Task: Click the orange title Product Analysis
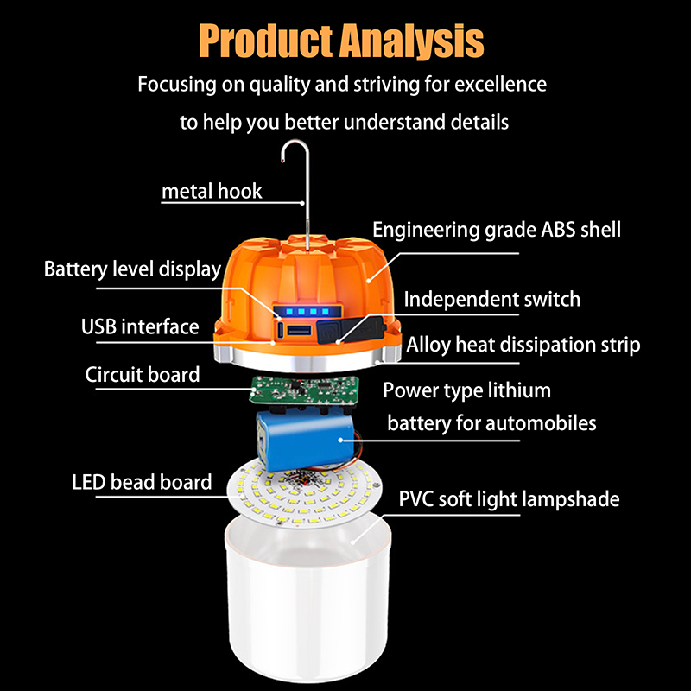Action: pyautogui.click(x=341, y=41)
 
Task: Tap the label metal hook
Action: pyautogui.click(x=212, y=191)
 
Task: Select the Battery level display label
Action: pyautogui.click(x=132, y=269)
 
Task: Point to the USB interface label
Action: pyautogui.click(x=140, y=326)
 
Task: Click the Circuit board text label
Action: pyautogui.click(x=143, y=375)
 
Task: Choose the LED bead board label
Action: pyautogui.click(x=142, y=482)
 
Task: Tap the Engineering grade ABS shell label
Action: pyautogui.click(x=497, y=230)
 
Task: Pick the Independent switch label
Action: pyautogui.click(x=491, y=299)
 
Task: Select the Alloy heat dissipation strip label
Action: pyautogui.click(x=523, y=345)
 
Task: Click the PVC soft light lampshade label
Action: pyautogui.click(x=509, y=499)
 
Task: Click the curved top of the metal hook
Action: pyautogui.click(x=295, y=143)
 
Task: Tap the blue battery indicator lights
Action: pyautogui.click(x=307, y=312)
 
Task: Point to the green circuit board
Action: pyautogui.click(x=304, y=389)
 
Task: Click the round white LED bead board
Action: pyautogui.click(x=304, y=491)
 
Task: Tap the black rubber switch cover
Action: pyautogui.click(x=351, y=330)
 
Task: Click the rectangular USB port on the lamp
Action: pyautogui.click(x=299, y=331)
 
